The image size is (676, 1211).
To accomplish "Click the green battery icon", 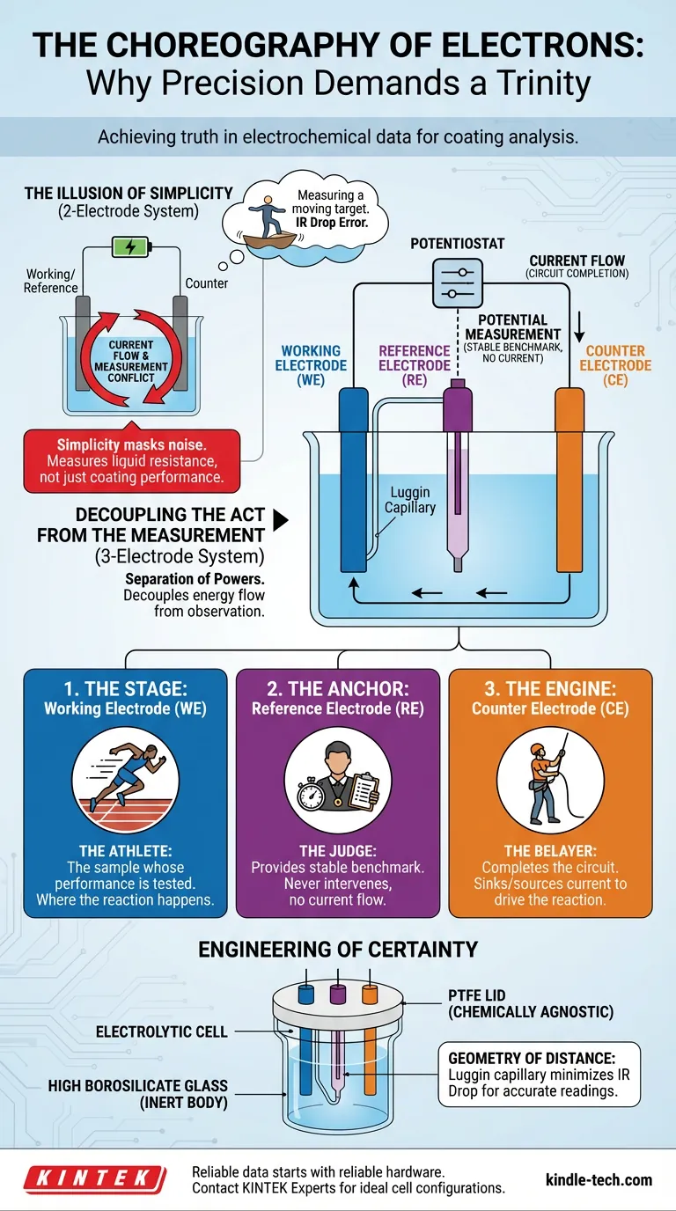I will [130, 247].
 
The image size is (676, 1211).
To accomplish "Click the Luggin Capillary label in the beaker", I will [409, 501].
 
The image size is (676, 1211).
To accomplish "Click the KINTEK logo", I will [94, 1179].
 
